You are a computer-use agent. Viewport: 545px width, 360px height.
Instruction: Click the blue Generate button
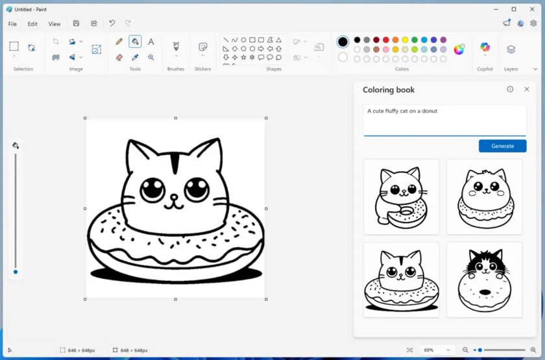(x=502, y=146)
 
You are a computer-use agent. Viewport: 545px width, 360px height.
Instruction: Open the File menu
(x=12, y=24)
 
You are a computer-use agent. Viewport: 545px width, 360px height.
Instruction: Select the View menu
(x=54, y=24)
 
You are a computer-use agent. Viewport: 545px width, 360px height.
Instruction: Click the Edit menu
(x=32, y=24)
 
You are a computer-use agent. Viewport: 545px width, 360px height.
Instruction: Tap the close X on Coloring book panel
(x=526, y=90)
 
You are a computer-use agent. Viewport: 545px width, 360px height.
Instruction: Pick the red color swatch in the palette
(x=385, y=40)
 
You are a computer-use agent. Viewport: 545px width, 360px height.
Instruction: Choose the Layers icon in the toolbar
(x=511, y=49)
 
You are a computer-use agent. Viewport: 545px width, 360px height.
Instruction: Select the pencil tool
(x=119, y=42)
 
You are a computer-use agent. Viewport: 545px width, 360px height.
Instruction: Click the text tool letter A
(x=151, y=42)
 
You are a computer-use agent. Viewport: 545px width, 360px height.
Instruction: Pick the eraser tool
(x=119, y=57)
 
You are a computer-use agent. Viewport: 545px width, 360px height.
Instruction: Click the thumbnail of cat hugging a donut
(x=401, y=197)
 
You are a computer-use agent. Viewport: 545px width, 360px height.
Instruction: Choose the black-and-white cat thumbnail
(x=484, y=280)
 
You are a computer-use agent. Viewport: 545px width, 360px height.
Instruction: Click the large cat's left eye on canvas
(x=152, y=189)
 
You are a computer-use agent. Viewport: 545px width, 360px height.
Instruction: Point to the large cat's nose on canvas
(x=174, y=197)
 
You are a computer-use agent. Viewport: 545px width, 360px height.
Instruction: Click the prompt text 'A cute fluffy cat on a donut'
(x=402, y=111)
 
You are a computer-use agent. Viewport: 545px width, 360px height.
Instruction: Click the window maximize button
(x=514, y=9)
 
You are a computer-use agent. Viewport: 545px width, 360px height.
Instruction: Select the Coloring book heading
(x=388, y=90)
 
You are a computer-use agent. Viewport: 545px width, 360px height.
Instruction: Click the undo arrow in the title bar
(x=112, y=23)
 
